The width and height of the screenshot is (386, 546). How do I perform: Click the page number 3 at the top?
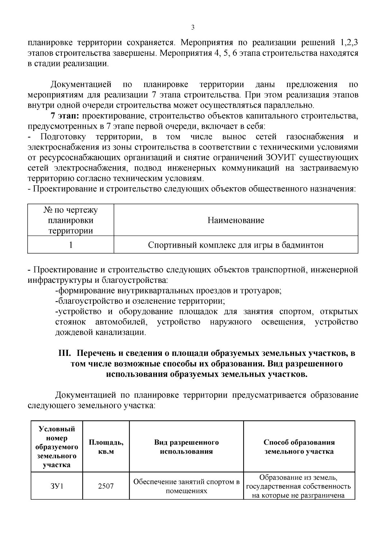[x=193, y=27]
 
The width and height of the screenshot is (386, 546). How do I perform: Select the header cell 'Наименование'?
[x=236, y=220]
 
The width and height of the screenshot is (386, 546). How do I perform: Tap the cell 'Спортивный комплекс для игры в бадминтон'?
[x=236, y=245]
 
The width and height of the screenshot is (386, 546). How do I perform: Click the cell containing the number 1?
[x=70, y=245]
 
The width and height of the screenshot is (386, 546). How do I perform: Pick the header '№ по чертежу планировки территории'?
[x=70, y=220]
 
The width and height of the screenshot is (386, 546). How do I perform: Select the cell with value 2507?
[x=106, y=486]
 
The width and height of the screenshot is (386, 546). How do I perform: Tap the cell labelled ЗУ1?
[x=57, y=486]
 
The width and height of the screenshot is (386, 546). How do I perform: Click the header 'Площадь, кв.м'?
[x=106, y=447]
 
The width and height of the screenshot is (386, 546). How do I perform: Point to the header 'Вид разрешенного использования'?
[x=186, y=447]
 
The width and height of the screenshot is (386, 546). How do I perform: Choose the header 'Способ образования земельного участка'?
[x=299, y=447]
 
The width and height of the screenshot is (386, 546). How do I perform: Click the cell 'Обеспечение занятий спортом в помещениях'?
[x=186, y=486]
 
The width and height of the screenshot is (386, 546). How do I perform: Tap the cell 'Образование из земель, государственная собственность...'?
[x=299, y=486]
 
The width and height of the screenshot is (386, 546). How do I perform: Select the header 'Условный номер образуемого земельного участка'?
[x=57, y=447]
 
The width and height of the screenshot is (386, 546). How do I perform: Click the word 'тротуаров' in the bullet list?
[x=264, y=291]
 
